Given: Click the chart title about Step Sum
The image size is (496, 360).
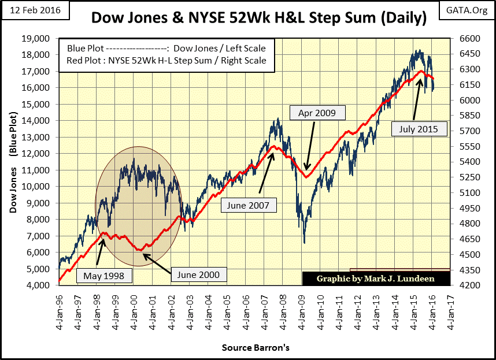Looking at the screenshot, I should coord(258,19).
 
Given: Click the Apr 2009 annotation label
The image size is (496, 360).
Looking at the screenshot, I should coord(317,112).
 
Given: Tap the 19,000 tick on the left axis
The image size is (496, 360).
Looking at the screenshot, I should coord(40,38).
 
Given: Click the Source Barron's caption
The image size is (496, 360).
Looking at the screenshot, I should coord(255,348).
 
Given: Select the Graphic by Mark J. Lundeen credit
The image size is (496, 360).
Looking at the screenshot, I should coord(376,279).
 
